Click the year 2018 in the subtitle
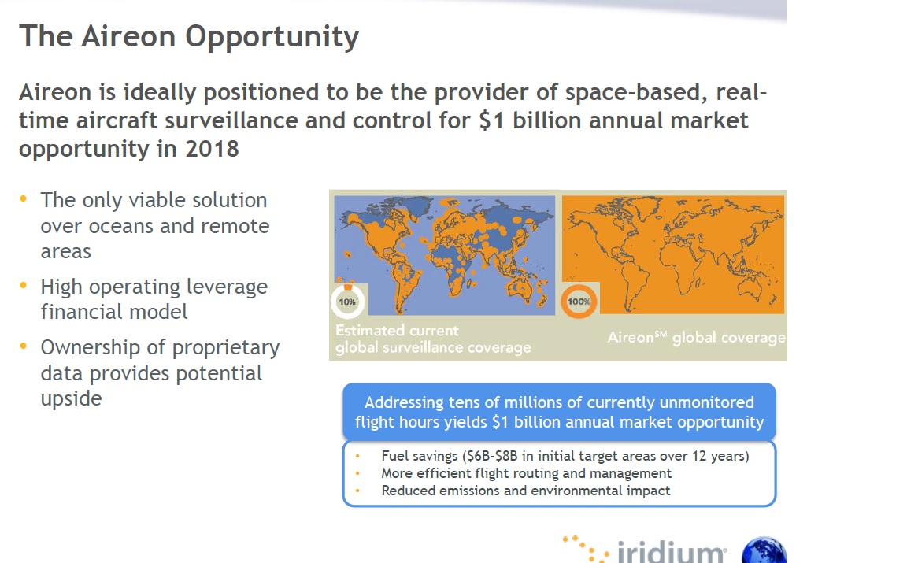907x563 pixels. (x=212, y=150)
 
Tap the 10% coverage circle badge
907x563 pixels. (x=348, y=301)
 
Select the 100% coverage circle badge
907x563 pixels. (x=579, y=301)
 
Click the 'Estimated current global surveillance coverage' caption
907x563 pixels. (x=433, y=339)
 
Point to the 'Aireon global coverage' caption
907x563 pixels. (x=697, y=337)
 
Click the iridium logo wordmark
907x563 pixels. (x=672, y=551)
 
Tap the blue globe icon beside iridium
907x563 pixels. (x=764, y=550)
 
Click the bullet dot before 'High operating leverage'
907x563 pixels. (x=23, y=285)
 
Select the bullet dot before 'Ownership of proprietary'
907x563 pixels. (x=23, y=346)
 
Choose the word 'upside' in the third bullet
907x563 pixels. (x=71, y=399)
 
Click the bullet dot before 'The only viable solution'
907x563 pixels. (x=23, y=198)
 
